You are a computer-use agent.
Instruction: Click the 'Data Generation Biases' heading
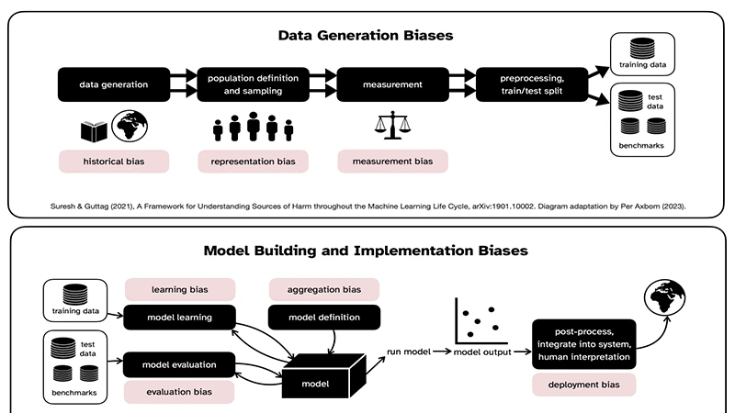coord(367,36)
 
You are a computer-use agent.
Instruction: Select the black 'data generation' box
coord(115,84)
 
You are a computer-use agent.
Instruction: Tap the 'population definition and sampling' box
coord(253,84)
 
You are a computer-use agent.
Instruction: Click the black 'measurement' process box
coord(392,84)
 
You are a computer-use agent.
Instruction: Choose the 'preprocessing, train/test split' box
coord(531,84)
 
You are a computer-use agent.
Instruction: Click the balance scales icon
coord(392,128)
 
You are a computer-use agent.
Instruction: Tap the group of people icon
coord(253,128)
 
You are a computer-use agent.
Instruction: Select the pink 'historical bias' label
coord(115,162)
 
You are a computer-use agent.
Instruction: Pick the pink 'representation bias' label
coord(253,162)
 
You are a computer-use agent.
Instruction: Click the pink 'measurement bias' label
coord(392,162)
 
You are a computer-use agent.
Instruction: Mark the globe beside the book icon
coord(131,127)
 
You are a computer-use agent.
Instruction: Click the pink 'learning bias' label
coord(179,289)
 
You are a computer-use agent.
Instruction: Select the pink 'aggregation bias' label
coord(324,289)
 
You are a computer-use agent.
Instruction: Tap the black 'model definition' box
coord(324,318)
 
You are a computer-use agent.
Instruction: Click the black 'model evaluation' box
coord(179,364)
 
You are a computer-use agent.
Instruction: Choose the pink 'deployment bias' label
coord(583,385)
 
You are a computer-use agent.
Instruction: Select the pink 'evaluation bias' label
coord(179,392)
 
